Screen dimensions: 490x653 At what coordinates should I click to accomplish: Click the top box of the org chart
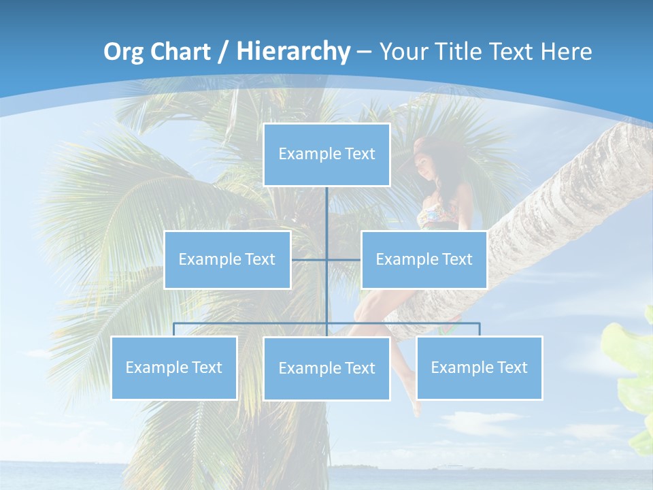(326, 154)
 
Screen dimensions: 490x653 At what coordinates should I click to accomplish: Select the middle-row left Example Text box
(227, 259)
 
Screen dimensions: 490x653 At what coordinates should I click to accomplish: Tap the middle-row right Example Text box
(424, 259)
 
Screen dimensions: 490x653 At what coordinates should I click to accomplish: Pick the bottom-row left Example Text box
(173, 367)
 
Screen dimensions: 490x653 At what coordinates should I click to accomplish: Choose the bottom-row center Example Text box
(326, 368)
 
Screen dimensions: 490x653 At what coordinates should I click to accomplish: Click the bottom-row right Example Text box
(479, 367)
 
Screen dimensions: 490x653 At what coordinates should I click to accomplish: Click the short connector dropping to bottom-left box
(173, 329)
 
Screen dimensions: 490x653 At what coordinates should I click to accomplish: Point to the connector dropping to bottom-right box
(479, 329)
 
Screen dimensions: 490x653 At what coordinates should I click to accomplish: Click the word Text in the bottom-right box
(512, 367)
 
